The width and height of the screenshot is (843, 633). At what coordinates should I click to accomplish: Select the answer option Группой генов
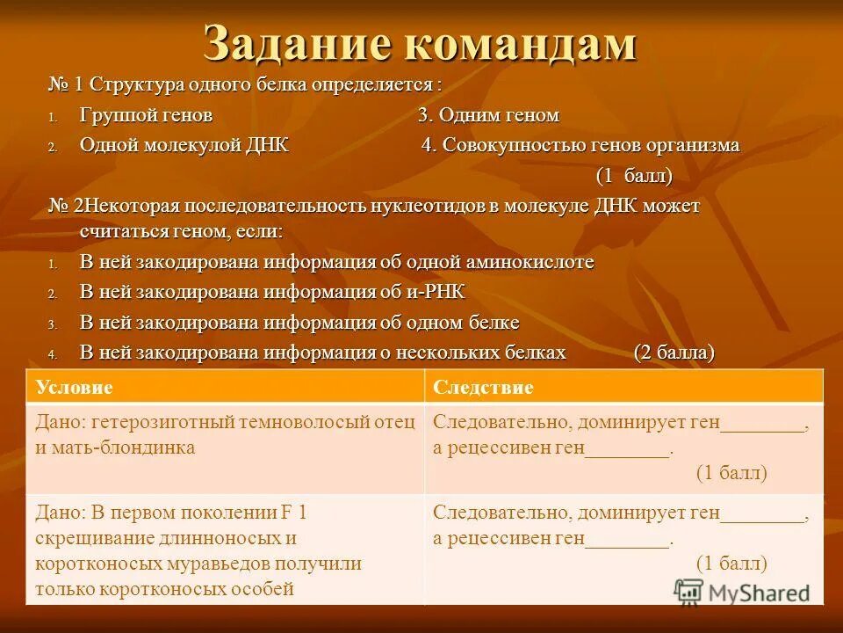146,115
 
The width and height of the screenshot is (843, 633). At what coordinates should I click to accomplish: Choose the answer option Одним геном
488,115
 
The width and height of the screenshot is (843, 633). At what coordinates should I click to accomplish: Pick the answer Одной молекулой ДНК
184,145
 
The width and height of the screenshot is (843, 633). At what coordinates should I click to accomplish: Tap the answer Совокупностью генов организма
580,145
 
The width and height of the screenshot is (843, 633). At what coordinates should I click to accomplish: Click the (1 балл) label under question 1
634,176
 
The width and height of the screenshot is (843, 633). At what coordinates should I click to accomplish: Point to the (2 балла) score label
674,353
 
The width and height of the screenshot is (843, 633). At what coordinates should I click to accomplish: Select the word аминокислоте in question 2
536,262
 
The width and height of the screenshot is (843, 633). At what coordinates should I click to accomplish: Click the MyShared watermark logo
743,591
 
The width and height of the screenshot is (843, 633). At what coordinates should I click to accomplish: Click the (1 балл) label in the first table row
731,472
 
